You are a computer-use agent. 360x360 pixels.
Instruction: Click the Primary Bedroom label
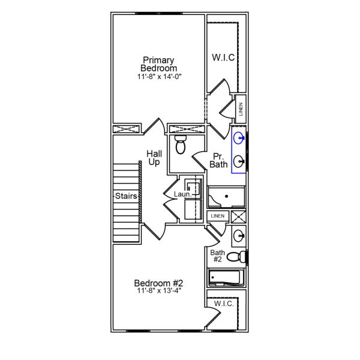coord(158,64)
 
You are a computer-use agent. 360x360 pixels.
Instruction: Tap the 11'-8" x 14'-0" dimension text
coord(158,77)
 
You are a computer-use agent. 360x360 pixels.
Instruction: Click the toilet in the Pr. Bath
coord(179,145)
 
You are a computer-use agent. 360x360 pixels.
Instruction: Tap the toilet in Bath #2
coord(238,257)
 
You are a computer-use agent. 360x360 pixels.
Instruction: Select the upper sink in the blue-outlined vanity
coord(239,139)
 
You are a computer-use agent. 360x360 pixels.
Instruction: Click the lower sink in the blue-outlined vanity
coord(239,160)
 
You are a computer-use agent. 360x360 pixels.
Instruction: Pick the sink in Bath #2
coord(238,235)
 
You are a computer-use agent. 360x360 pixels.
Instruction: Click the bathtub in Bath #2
coord(226,278)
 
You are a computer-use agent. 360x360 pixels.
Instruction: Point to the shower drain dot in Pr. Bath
coord(226,196)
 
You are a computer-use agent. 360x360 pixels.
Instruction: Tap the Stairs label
coord(127,196)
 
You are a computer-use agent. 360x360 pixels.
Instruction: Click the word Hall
coord(154,154)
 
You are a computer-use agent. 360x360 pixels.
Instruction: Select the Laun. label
coord(182,194)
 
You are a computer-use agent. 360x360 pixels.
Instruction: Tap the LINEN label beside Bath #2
coord(217,216)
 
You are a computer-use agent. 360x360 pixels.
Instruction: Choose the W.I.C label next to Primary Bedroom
coord(223,58)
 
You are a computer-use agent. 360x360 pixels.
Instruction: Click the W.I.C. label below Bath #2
coord(224,304)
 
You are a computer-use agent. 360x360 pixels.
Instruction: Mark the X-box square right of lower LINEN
coord(238,217)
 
